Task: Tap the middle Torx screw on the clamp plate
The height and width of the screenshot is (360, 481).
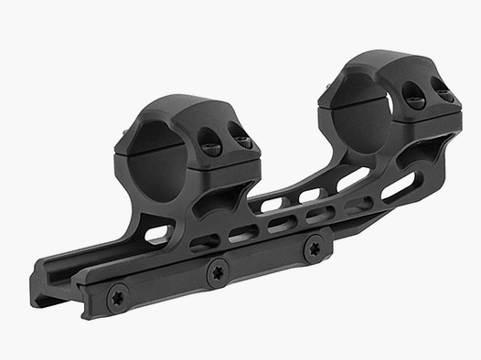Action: coord(218,270)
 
